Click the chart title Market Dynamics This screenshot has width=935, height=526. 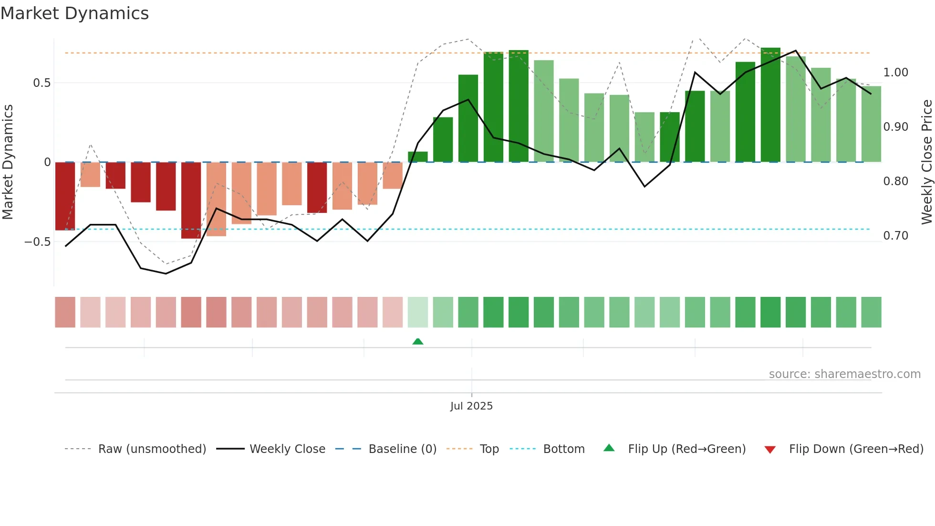point(75,13)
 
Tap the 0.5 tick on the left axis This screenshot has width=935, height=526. point(42,83)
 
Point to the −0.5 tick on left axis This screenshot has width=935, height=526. point(38,242)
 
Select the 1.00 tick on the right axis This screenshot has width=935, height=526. point(895,73)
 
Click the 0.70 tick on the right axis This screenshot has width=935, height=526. point(895,236)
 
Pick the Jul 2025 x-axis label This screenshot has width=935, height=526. point(471,406)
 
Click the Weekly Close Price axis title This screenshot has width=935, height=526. point(926,162)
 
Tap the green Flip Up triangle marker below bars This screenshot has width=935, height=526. point(418,341)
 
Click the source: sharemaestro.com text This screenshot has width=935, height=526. point(844,374)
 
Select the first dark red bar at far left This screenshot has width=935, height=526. point(65,196)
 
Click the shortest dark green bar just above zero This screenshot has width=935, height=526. point(418,157)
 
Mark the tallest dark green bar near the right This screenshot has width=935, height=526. point(770,105)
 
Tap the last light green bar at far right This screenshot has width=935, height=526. point(871,124)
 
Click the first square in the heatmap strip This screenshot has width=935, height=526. point(65,312)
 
